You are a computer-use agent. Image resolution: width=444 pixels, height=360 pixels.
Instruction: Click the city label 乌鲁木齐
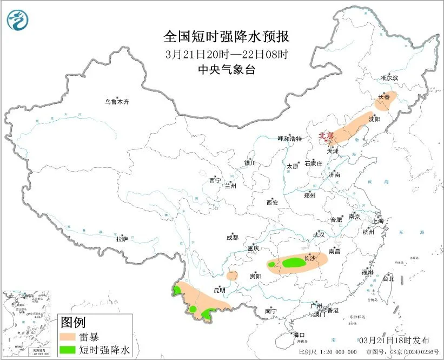[117, 101]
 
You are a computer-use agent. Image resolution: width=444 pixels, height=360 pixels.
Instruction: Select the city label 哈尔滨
[388, 78]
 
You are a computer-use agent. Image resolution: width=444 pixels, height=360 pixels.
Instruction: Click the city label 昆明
[220, 291]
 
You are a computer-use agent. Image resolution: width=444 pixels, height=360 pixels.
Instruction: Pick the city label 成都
[232, 237]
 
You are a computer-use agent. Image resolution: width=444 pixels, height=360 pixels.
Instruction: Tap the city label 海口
[299, 335]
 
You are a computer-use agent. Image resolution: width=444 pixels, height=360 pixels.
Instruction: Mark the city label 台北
[388, 279]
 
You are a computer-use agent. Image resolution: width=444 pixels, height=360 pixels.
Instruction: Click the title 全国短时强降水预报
[227, 37]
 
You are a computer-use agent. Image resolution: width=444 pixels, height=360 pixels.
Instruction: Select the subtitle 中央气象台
[227, 70]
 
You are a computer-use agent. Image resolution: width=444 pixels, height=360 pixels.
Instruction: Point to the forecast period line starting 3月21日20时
[227, 54]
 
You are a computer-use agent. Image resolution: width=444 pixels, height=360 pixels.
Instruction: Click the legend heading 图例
[73, 323]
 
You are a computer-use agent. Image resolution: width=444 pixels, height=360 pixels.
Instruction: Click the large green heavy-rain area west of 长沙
[294, 263]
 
